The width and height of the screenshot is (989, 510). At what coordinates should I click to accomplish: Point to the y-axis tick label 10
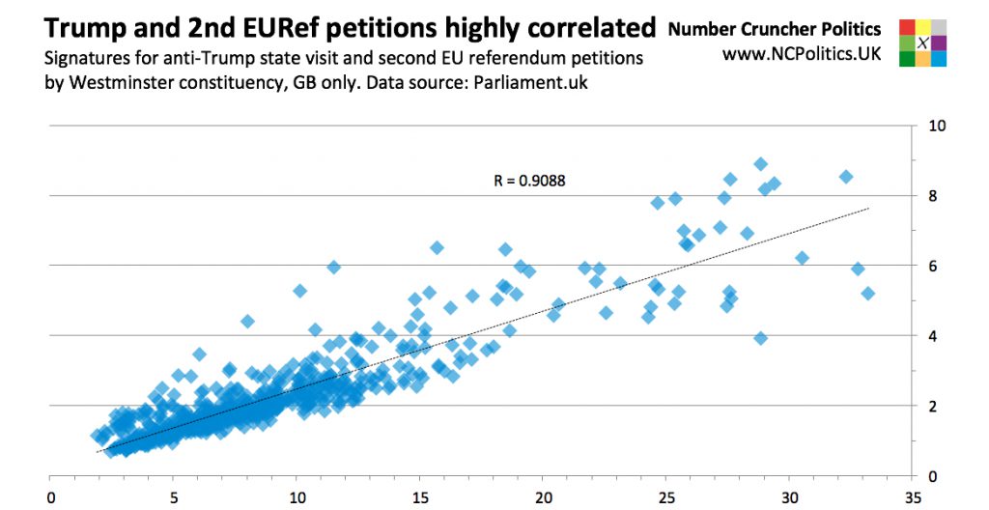pyautogui.click(x=936, y=127)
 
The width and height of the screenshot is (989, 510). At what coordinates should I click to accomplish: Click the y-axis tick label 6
pyautogui.click(x=932, y=266)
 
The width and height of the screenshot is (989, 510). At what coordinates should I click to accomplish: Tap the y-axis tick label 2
pyautogui.click(x=932, y=406)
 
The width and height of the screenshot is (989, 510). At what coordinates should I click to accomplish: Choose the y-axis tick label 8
pyautogui.click(x=932, y=196)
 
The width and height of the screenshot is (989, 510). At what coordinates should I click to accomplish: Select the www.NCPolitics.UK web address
pyautogui.click(x=802, y=56)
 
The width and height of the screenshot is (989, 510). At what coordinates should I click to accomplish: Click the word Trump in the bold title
pyautogui.click(x=80, y=26)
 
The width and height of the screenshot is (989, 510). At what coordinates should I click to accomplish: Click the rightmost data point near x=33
pyautogui.click(x=867, y=293)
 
